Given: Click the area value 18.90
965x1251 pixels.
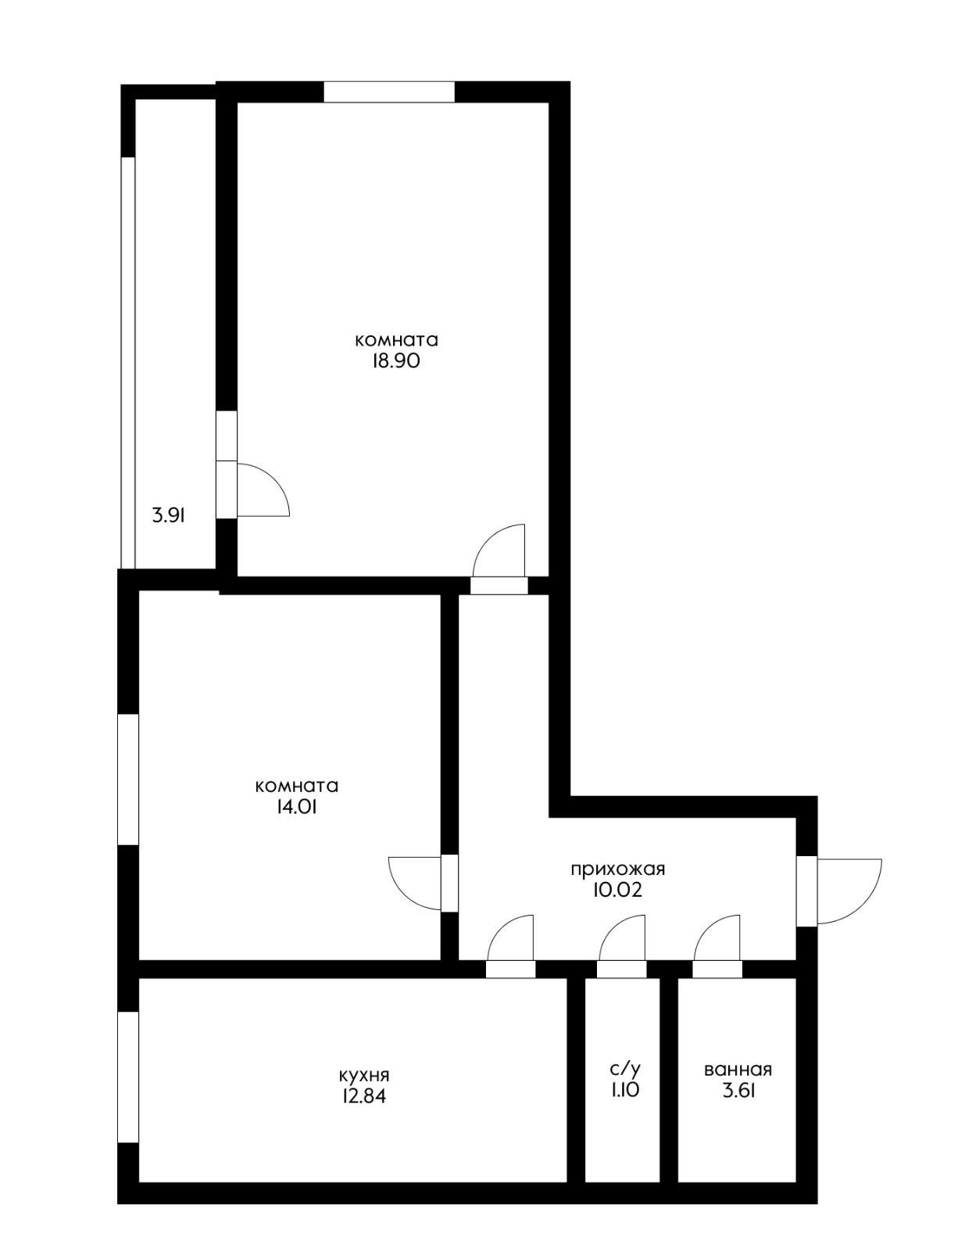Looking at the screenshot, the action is tap(396, 361).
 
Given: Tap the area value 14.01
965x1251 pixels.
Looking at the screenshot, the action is tap(297, 807).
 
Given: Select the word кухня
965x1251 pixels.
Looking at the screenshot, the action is tap(364, 1075).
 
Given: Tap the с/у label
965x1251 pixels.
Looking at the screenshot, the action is tap(625, 1070).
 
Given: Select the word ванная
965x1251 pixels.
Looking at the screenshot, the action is tap(738, 1070).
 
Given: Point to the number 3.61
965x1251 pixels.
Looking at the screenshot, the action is tap(738, 1090).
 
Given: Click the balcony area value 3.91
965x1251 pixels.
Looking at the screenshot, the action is tap(168, 514).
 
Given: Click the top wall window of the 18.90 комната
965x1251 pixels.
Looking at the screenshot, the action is tap(389, 92).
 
